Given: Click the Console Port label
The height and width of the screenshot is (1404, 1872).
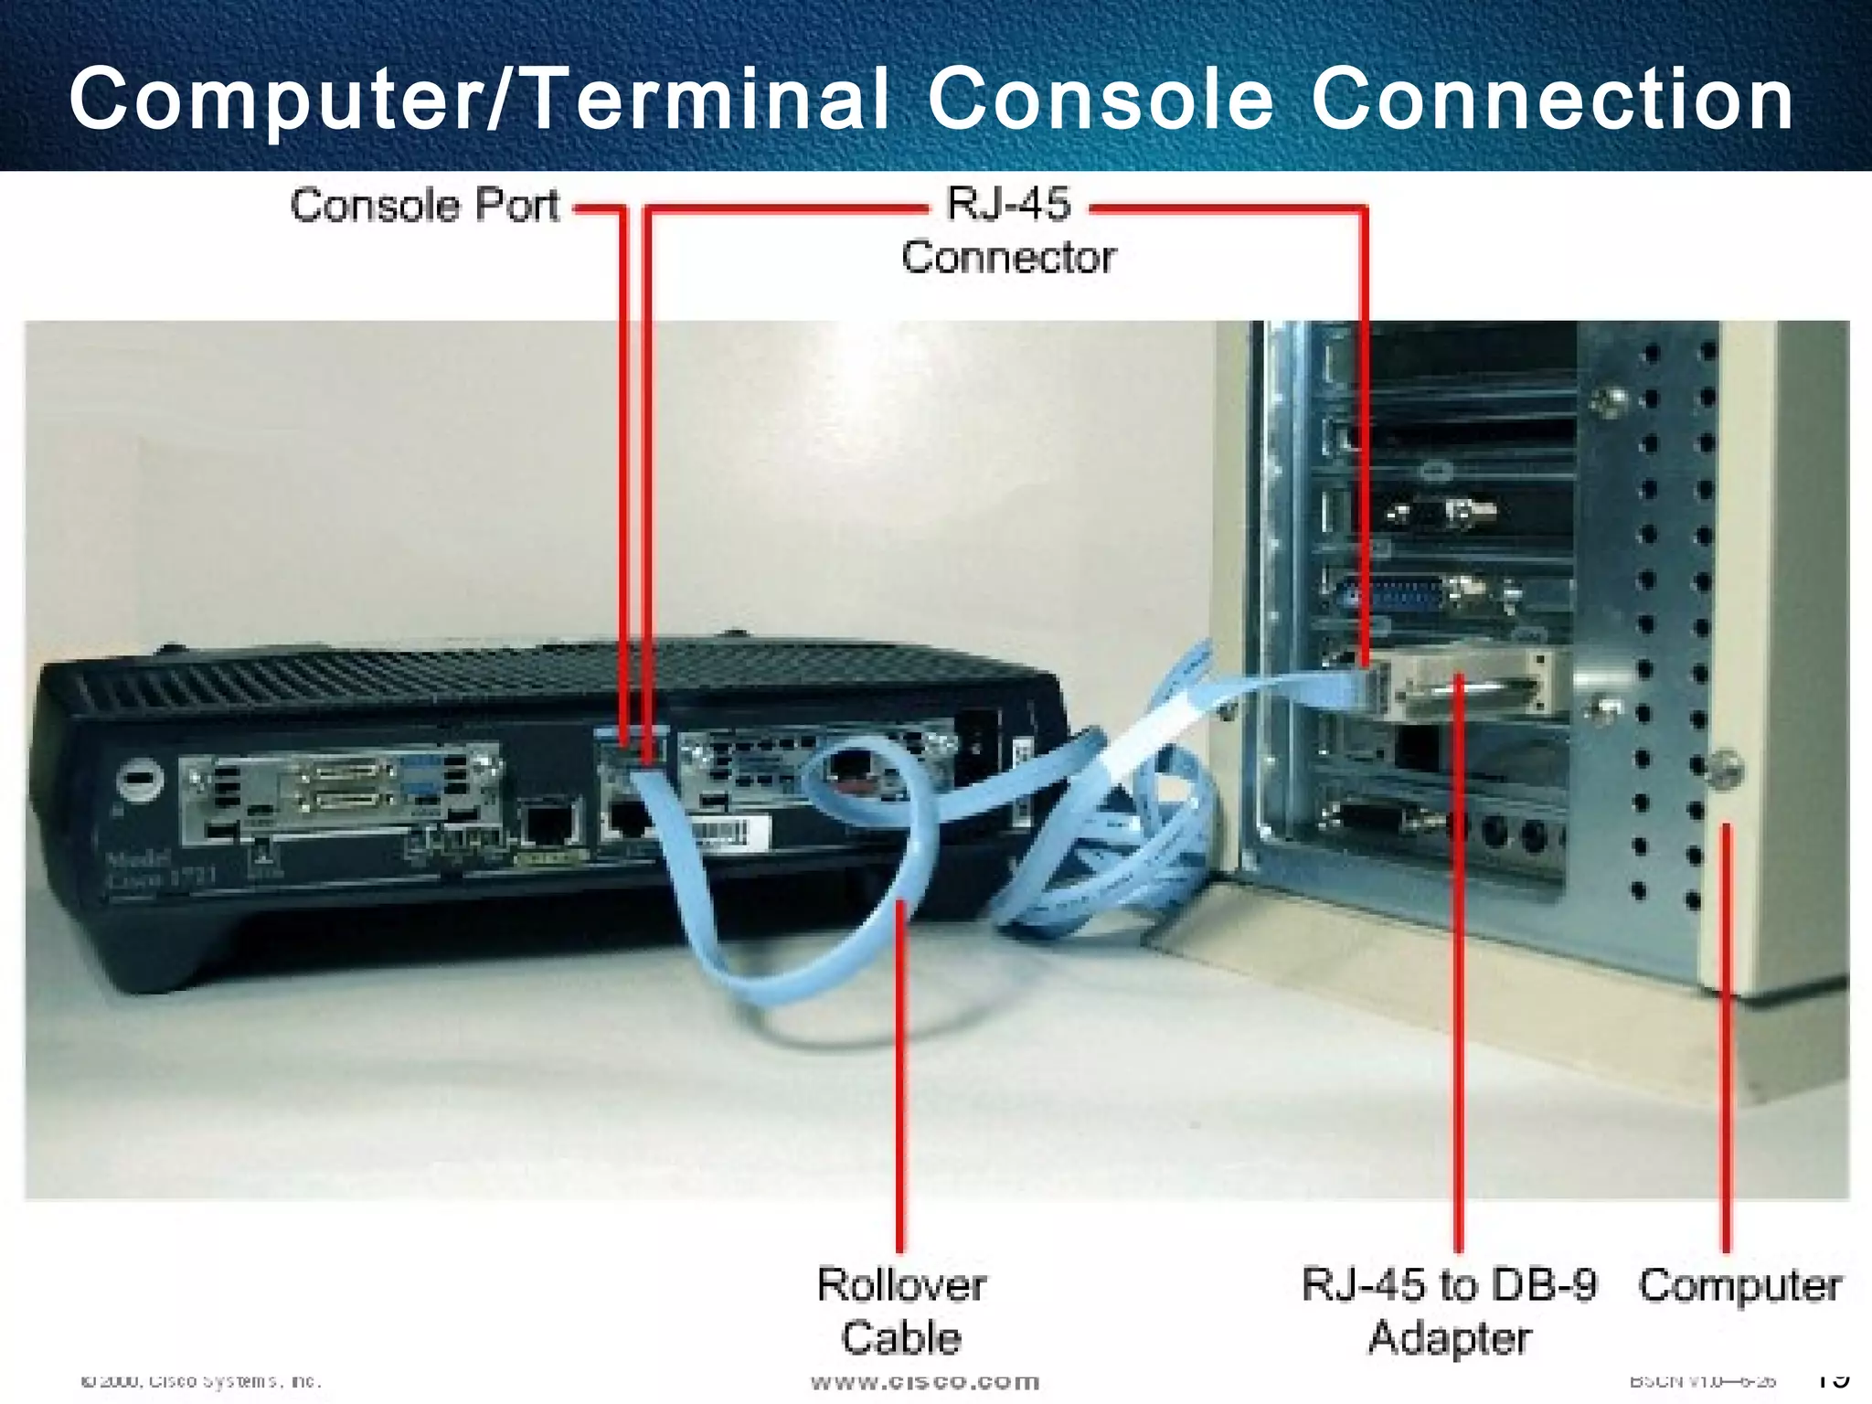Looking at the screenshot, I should pyautogui.click(x=424, y=206).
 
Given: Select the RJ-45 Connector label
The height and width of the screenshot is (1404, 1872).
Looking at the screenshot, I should pyautogui.click(x=1008, y=230).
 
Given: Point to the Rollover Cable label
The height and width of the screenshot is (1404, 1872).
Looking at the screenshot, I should pyautogui.click(x=901, y=1311).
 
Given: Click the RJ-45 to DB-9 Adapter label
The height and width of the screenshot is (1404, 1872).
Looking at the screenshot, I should pyautogui.click(x=1449, y=1311).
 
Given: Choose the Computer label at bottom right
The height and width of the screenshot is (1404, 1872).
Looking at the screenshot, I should pyautogui.click(x=1739, y=1285).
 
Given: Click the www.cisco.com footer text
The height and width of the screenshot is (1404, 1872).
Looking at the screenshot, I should pyautogui.click(x=925, y=1381).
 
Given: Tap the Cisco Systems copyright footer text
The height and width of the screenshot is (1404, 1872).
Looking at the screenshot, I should pyautogui.click(x=201, y=1381).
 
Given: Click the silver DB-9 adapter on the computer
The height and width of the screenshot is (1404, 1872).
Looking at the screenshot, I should pyautogui.click(x=1472, y=686).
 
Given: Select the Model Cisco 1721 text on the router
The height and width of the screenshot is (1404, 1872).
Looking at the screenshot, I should pyautogui.click(x=160, y=868).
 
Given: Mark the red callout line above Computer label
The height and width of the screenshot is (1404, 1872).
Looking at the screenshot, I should pyautogui.click(x=1727, y=1033).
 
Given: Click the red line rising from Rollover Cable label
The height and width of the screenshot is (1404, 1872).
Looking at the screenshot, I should pyautogui.click(x=900, y=1079).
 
